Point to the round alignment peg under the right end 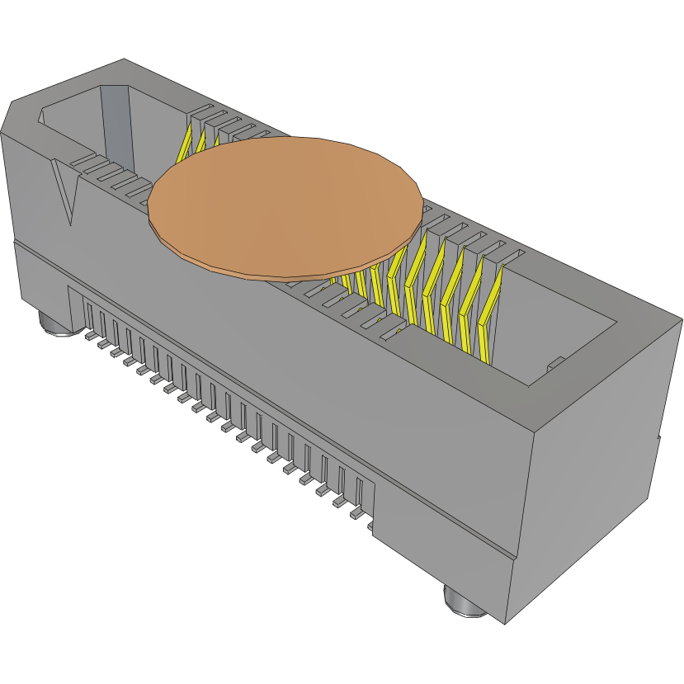click(x=465, y=601)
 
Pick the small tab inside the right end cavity click(x=555, y=362)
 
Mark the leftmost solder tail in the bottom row click(x=90, y=336)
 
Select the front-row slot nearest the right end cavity click(x=394, y=334)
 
